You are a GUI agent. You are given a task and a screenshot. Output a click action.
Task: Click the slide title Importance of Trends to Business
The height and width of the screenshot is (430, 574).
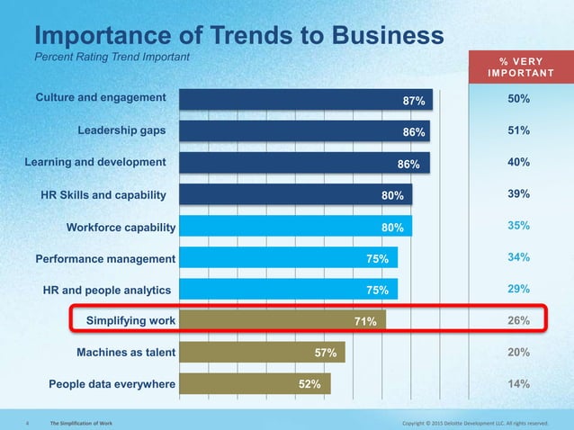[x=238, y=36]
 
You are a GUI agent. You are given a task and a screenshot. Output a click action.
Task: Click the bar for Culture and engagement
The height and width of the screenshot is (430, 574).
[x=306, y=99]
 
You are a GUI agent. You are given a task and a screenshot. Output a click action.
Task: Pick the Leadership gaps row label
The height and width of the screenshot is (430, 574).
[x=121, y=130]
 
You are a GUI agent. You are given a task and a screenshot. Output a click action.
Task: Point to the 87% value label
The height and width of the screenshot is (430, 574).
[x=414, y=101]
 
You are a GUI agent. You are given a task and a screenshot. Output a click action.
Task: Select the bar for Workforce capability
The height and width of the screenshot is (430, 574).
[x=295, y=225]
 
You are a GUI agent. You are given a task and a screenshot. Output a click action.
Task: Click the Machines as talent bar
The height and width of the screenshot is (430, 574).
[x=262, y=351]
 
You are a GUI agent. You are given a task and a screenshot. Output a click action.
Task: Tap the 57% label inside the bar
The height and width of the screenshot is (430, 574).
[x=326, y=352]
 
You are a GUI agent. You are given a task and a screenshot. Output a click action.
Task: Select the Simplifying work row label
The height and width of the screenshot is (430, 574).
[x=131, y=319]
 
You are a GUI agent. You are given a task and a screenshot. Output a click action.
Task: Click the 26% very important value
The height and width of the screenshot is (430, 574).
[x=517, y=319]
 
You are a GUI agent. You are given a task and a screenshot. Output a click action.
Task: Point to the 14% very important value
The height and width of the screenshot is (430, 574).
[x=517, y=383]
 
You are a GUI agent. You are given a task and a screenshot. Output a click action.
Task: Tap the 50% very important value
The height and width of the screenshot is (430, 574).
[x=517, y=99]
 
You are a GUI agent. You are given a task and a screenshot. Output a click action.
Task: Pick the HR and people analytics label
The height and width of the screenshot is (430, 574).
[x=108, y=290]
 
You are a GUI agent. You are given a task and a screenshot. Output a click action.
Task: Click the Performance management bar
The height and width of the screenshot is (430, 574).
[x=288, y=257]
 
